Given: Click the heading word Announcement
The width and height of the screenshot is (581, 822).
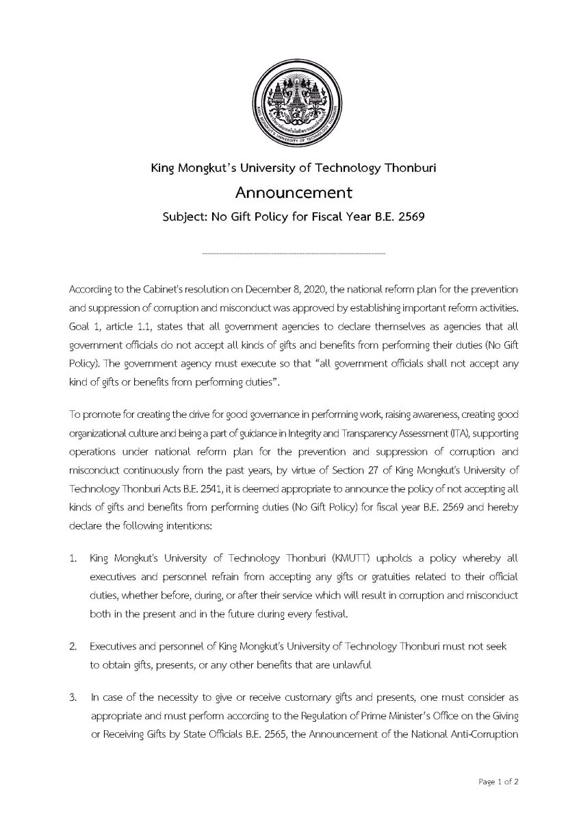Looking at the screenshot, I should coord(290,192).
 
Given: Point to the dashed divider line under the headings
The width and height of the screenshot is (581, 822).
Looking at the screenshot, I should coord(294,254).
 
